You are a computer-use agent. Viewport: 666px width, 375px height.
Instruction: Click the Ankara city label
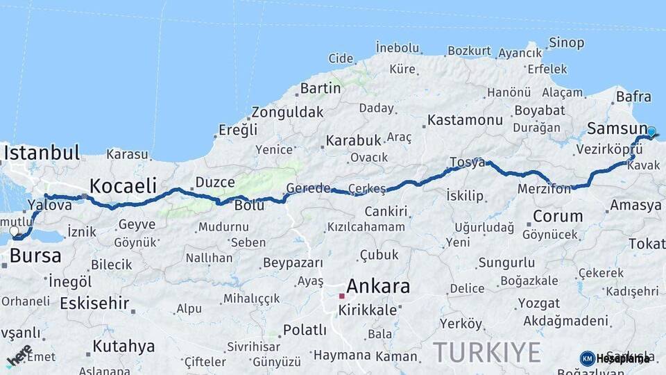click(377, 286)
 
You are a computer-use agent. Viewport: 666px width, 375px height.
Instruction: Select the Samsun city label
click(616, 128)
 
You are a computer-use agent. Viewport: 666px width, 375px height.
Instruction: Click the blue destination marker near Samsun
click(651, 131)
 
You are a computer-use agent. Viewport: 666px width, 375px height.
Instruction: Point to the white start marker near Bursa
click(14, 231)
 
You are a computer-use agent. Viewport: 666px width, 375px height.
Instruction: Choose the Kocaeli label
click(123, 185)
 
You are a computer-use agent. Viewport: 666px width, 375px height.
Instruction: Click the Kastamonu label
click(465, 119)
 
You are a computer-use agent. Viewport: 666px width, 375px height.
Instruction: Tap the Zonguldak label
click(287, 112)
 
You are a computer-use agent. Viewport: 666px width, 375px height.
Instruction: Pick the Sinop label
click(566, 43)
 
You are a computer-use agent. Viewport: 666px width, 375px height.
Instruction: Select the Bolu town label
click(250, 206)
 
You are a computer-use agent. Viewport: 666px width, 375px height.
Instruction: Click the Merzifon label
click(544, 189)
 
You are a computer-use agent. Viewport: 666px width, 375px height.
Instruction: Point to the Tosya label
click(468, 162)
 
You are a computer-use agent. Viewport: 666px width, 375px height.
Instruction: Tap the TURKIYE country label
click(487, 352)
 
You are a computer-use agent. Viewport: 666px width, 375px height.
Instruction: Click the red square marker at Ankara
click(341, 296)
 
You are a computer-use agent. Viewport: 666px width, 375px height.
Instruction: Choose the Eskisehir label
click(94, 303)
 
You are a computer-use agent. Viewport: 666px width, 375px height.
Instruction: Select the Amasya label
click(635, 206)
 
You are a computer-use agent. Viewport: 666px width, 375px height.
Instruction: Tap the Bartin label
click(321, 88)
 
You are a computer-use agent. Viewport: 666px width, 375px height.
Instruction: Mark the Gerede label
click(308, 189)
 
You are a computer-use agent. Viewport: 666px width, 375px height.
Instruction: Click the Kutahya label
click(123, 346)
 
